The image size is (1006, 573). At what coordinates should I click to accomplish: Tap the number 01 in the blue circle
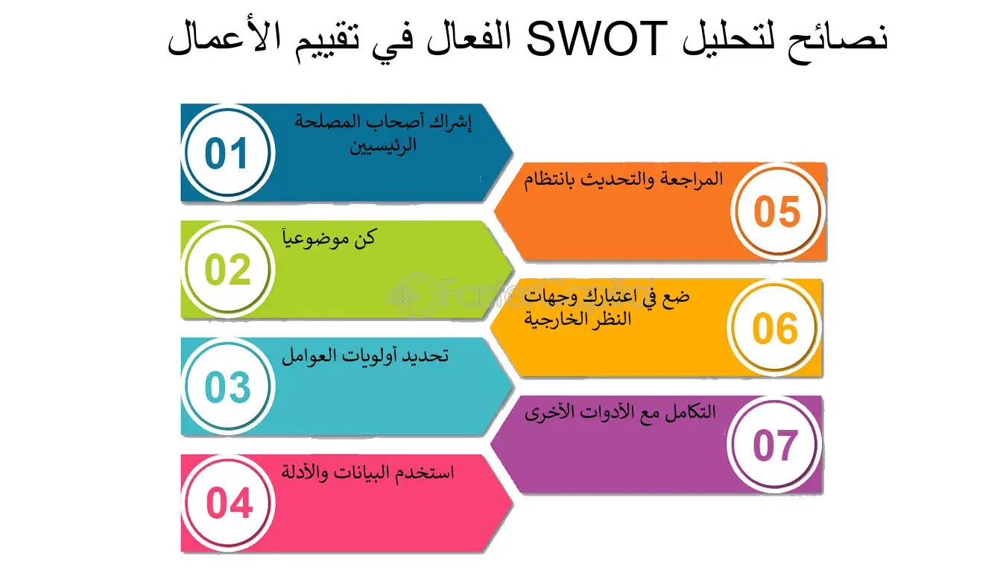pyautogui.click(x=227, y=154)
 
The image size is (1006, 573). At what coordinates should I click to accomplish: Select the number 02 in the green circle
pyautogui.click(x=227, y=270)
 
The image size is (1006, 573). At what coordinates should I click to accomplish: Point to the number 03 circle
pyautogui.click(x=227, y=387)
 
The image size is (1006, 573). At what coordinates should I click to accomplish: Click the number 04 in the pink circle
pyautogui.click(x=229, y=504)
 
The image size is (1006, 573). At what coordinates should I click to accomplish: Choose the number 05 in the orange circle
pyautogui.click(x=776, y=212)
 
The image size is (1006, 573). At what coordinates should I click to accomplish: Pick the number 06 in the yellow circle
pyautogui.click(x=774, y=329)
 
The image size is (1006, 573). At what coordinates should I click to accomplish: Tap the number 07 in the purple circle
pyautogui.click(x=774, y=445)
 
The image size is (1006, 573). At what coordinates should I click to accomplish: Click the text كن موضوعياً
pyautogui.click(x=329, y=238)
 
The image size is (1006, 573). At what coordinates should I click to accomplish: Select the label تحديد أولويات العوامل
pyautogui.click(x=364, y=355)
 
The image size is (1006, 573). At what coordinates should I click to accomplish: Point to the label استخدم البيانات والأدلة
pyautogui.click(x=368, y=472)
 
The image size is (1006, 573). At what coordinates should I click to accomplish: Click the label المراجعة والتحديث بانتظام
pyautogui.click(x=623, y=180)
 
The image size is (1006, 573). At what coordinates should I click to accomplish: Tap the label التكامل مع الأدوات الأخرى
pyautogui.click(x=620, y=412)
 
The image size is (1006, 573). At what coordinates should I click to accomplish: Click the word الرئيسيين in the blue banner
pyautogui.click(x=383, y=144)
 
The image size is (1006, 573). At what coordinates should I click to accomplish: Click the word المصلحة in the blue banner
pyautogui.click(x=329, y=121)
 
